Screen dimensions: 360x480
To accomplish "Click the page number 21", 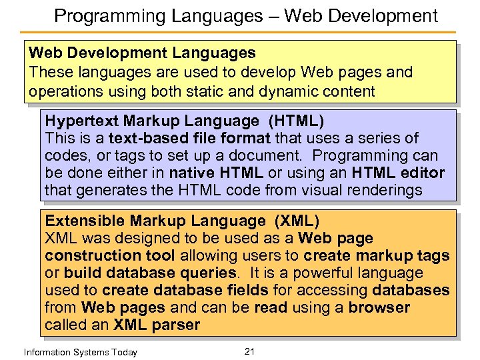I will [250, 351].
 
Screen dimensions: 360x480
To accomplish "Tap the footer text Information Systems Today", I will [80, 352].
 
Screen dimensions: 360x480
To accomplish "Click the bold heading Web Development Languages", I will [142, 53].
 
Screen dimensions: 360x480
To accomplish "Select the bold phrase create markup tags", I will [377, 255].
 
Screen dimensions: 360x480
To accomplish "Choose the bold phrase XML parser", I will [157, 325].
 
